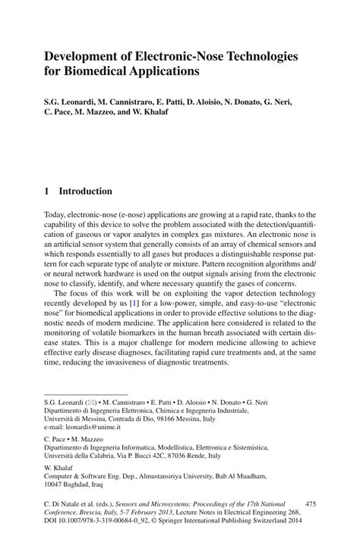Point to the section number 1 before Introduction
(x=46, y=191)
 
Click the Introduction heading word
(x=86, y=191)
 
